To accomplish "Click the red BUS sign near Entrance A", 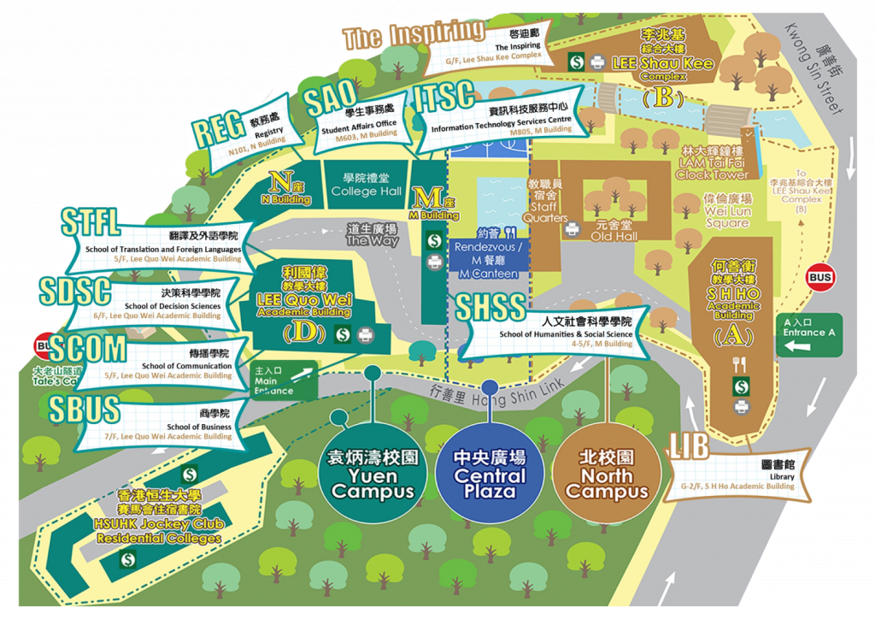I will click(820, 277).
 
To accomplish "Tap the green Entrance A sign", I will click(807, 333).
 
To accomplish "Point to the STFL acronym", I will click(91, 222).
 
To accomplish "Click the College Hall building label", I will click(366, 186).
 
